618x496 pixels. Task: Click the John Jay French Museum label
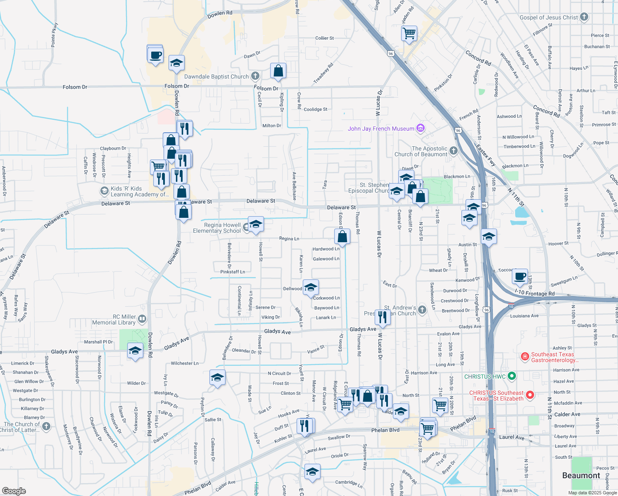(380, 129)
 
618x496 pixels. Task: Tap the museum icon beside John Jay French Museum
(421, 128)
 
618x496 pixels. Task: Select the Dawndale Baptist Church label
(216, 76)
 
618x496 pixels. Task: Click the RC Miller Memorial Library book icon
(142, 319)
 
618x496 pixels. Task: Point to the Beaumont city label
(581, 475)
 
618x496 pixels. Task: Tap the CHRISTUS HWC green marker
(512, 376)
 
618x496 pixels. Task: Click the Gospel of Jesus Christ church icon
(584, 17)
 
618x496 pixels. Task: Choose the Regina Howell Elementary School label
(217, 228)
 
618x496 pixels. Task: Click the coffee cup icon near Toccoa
(520, 276)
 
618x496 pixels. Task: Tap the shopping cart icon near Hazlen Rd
(409, 33)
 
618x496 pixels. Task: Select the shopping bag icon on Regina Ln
(342, 236)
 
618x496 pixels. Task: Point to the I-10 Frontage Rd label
(535, 293)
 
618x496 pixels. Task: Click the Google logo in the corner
(14, 491)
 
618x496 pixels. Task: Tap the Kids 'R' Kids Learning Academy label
(140, 191)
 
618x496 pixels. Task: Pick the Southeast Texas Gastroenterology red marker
(525, 357)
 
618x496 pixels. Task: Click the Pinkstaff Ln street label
(233, 272)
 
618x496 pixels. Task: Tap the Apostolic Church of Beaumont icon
(454, 151)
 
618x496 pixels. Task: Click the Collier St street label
(324, 38)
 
